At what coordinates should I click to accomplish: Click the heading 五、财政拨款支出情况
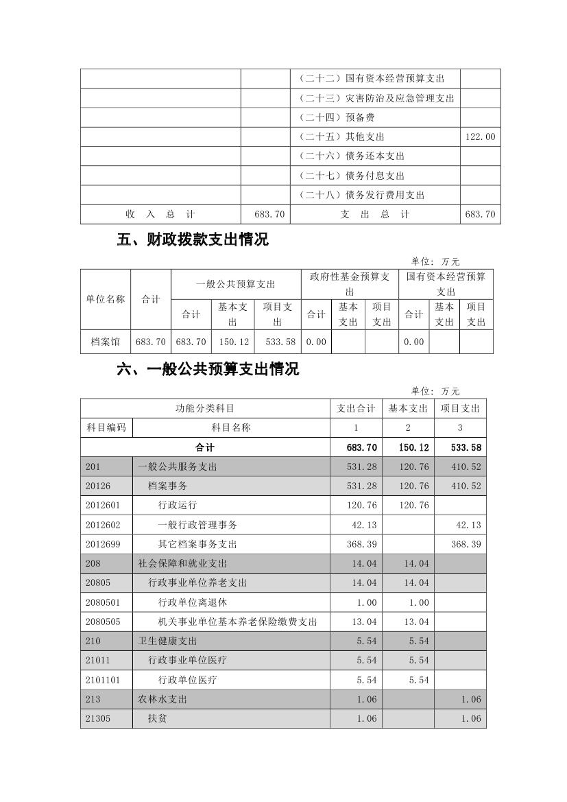tap(193, 240)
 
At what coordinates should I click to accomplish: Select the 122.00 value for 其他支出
tap(480, 137)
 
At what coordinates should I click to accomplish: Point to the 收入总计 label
tap(160, 215)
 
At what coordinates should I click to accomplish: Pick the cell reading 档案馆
tap(105, 342)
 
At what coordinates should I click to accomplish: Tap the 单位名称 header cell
tap(105, 299)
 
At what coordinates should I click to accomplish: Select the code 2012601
tap(103, 506)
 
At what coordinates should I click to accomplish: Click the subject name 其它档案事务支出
tap(197, 544)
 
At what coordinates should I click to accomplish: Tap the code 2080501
tap(103, 602)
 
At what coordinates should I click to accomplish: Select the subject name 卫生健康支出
tap(167, 641)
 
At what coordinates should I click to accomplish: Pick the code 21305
tap(98, 718)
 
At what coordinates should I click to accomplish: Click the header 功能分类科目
tap(205, 408)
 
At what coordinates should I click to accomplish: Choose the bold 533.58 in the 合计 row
tap(466, 447)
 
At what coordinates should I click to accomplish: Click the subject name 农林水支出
tap(162, 699)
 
